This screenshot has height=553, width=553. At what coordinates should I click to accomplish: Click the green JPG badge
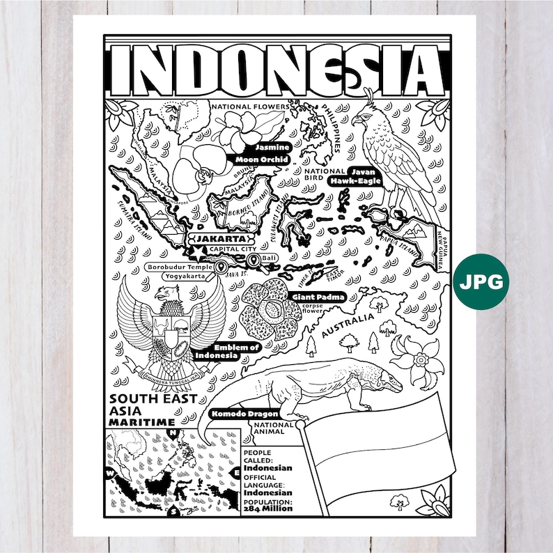480,281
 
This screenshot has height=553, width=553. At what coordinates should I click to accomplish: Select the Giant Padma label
318,297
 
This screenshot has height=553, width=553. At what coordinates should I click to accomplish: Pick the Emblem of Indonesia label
236,351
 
